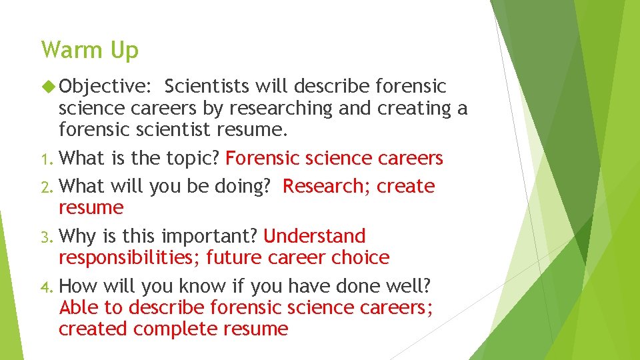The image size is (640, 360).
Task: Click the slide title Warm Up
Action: point(89,50)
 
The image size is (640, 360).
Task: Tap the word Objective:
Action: point(106,86)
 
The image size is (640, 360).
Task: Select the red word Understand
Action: point(315,236)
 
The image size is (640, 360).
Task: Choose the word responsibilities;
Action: point(129,257)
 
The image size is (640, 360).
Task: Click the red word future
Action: point(236,257)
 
